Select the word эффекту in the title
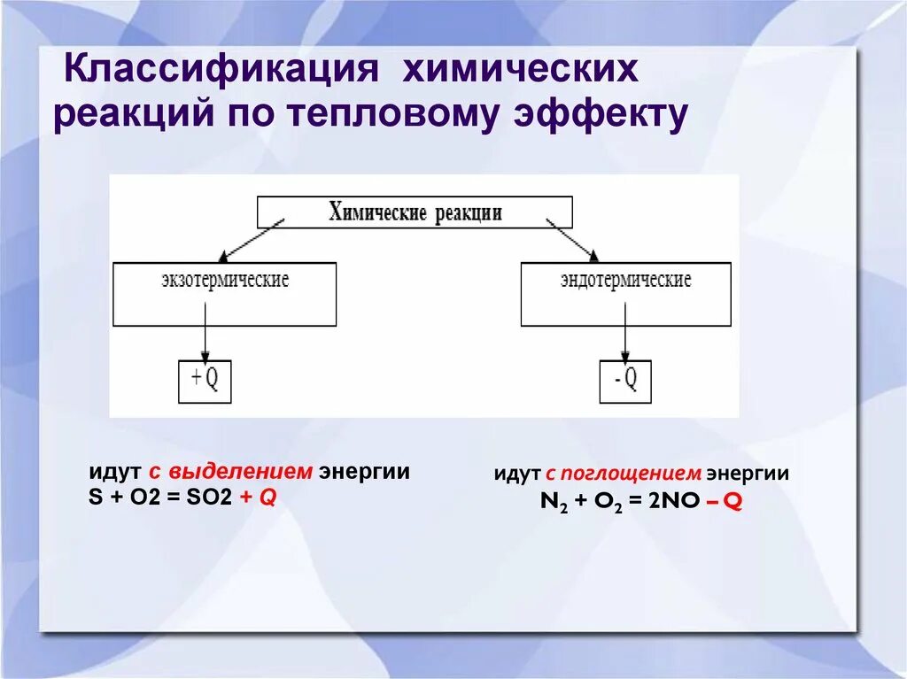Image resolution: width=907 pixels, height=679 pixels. click(x=603, y=116)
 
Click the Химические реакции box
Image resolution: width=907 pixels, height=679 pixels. click(x=415, y=212)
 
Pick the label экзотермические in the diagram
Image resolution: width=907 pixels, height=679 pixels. click(x=225, y=281)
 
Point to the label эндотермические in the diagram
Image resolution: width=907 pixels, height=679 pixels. click(x=625, y=281)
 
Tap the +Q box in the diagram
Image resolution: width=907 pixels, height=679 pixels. click(x=205, y=382)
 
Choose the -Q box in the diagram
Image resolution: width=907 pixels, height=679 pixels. click(x=625, y=382)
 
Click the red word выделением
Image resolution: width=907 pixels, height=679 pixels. click(x=241, y=472)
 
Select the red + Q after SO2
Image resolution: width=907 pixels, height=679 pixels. click(x=257, y=498)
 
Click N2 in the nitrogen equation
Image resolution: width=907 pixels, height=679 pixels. click(x=553, y=502)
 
